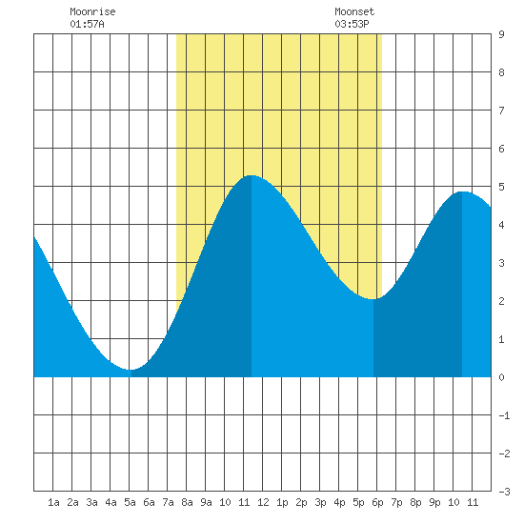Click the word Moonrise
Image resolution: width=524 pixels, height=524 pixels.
pos(92,11)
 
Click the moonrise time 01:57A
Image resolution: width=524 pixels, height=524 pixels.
pos(87,24)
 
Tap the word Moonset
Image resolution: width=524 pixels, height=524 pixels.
pos(354,11)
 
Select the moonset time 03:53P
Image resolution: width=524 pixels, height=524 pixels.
pos(352,24)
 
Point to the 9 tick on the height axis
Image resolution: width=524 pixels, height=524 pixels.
pos(501,34)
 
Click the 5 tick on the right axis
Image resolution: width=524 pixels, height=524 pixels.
pos(501,187)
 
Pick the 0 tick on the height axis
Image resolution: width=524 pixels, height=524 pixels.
pos(501,377)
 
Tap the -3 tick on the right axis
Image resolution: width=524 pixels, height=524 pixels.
pos(504,492)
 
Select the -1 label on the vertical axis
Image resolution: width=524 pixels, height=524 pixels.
pos(504,415)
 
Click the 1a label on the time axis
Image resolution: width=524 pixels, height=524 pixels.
pos(53,502)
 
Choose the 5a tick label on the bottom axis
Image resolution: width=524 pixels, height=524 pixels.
pos(130,502)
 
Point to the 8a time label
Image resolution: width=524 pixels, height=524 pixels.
pos(187,502)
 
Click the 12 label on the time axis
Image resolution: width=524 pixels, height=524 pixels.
pos(263,502)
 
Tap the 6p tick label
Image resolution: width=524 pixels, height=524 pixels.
pos(377,502)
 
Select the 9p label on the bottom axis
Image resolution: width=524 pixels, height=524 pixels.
pos(434,502)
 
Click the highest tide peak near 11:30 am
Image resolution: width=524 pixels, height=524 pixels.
pos(252,175)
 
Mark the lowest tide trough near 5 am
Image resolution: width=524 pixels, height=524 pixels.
pos(131,370)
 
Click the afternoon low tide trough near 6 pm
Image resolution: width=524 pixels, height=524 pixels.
pos(373,299)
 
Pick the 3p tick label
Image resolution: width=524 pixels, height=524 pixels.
pos(320,502)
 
